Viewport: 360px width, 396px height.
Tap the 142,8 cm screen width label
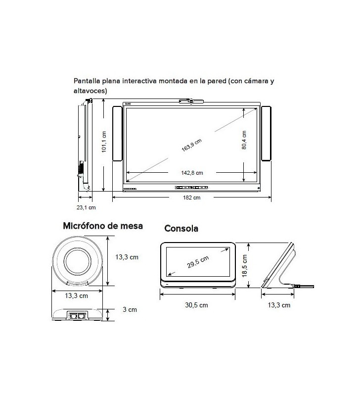click(192, 173)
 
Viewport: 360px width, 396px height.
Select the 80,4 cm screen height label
click(244, 141)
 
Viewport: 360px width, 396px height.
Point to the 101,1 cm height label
click(104, 142)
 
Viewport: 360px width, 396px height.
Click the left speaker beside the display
click(117, 134)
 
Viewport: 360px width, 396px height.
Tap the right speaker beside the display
click(266, 134)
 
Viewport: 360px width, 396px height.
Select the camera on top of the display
click(192, 101)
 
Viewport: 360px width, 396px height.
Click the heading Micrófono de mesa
click(103, 226)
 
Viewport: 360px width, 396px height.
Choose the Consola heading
click(181, 229)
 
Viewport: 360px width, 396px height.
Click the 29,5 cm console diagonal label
click(198, 261)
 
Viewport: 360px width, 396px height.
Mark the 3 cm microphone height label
click(130, 310)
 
